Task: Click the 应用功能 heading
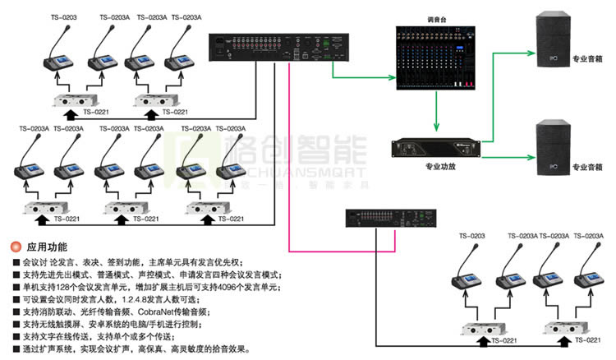48,247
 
